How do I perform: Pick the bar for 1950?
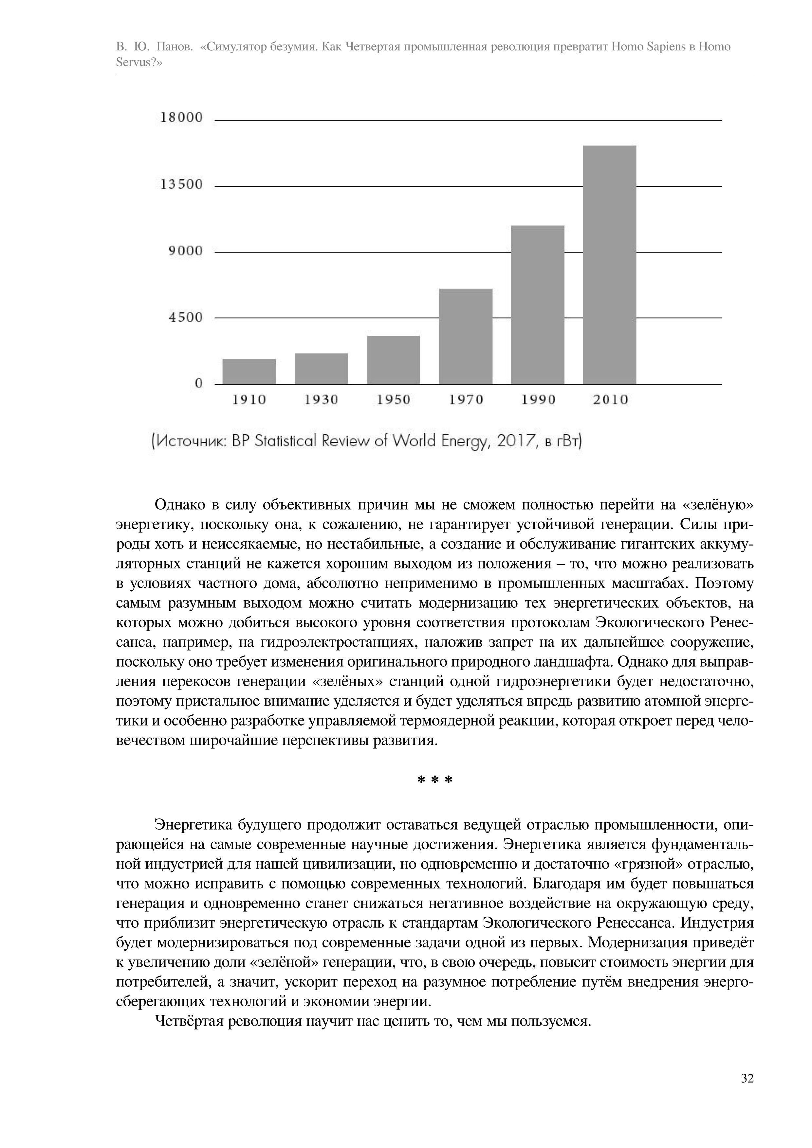click(393, 360)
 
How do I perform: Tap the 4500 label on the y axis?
click(186, 317)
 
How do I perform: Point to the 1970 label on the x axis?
click(466, 400)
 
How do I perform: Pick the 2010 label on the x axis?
click(610, 400)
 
